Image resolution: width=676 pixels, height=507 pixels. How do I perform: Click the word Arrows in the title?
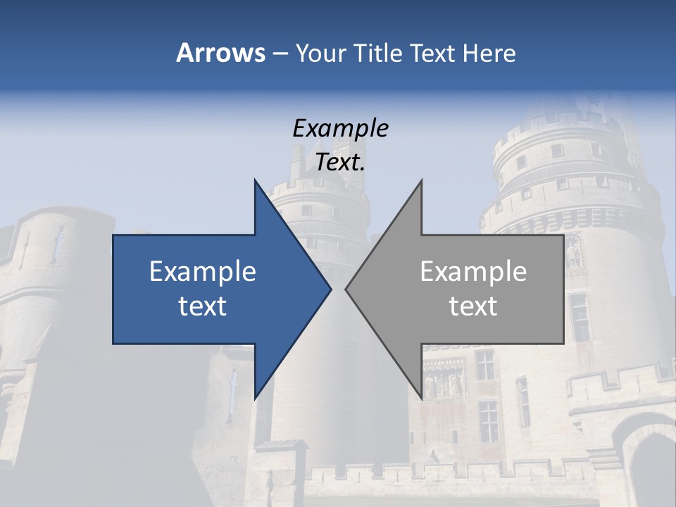[220, 53]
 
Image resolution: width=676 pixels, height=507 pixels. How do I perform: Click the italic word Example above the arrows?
[340, 129]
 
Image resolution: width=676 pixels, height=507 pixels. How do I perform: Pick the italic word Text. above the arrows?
[340, 163]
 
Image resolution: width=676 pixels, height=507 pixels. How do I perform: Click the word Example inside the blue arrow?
[203, 272]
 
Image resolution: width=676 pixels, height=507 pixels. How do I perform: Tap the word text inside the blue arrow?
[203, 306]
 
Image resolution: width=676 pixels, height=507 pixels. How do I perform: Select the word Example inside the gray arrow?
[473, 272]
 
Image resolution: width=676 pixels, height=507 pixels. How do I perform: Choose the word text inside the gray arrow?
[473, 306]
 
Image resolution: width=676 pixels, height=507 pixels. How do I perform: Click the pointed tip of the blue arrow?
[330, 289]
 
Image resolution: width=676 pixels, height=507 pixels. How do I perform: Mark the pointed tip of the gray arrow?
[346, 289]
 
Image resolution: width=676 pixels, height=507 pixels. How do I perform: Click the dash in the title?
[280, 54]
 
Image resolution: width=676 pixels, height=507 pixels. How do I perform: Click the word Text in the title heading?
[432, 54]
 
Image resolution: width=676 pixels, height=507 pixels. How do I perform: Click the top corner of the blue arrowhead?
[255, 181]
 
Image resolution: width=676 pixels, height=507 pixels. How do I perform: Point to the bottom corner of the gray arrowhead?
[421, 398]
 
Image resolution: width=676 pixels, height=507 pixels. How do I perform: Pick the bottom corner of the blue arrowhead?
[255, 398]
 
